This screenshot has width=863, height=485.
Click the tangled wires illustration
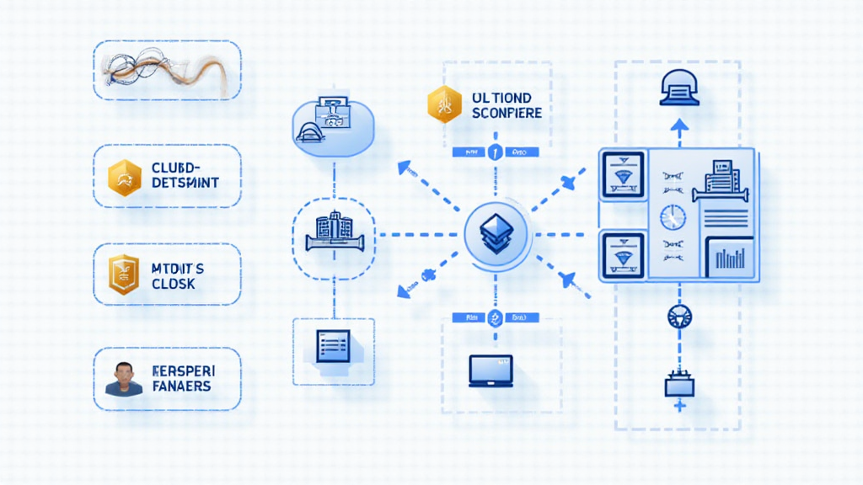tap(166, 70)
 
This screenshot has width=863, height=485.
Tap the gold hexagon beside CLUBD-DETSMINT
tap(125, 176)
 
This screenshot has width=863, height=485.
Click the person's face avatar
tap(124, 379)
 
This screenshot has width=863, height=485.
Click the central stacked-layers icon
tap(497, 233)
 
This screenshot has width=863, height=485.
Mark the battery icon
tap(679, 385)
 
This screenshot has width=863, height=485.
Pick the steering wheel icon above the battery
tap(678, 317)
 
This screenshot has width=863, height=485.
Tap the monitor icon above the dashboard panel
tap(679, 87)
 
